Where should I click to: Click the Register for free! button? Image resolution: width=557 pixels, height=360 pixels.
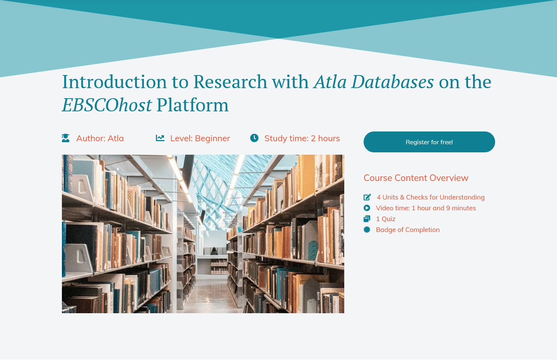pyautogui.click(x=429, y=142)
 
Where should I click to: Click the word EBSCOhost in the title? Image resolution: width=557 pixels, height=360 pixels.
pyautogui.click(x=107, y=105)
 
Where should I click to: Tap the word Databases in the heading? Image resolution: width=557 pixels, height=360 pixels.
pyautogui.click(x=392, y=82)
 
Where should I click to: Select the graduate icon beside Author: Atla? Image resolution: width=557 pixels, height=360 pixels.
pyautogui.click(x=66, y=138)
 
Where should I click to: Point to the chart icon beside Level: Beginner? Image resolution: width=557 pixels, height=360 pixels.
pyautogui.click(x=160, y=138)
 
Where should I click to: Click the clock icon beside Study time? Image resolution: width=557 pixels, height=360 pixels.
pyautogui.click(x=254, y=138)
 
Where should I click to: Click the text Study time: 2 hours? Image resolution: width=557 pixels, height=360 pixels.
pyautogui.click(x=302, y=138)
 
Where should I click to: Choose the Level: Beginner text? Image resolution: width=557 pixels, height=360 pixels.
pyautogui.click(x=200, y=138)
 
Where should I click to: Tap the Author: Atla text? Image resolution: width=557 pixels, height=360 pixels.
pyautogui.click(x=100, y=138)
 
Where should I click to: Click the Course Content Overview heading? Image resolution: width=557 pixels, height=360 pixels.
pyautogui.click(x=416, y=178)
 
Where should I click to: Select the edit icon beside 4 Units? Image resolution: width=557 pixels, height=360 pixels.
pyautogui.click(x=367, y=197)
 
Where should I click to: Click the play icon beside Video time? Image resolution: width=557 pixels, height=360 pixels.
pyautogui.click(x=367, y=208)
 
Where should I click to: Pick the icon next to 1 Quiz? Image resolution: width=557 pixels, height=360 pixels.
pyautogui.click(x=367, y=219)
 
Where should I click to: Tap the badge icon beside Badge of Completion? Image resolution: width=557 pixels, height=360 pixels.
pyautogui.click(x=367, y=230)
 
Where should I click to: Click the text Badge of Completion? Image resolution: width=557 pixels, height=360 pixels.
pyautogui.click(x=408, y=230)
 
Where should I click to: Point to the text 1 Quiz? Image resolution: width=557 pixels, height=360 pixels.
pyautogui.click(x=386, y=219)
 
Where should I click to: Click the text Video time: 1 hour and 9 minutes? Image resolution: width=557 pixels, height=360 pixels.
pyautogui.click(x=426, y=208)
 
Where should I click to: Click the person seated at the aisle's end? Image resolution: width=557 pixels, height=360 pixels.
pyautogui.click(x=214, y=252)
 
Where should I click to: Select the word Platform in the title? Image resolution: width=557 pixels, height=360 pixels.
pyautogui.click(x=192, y=105)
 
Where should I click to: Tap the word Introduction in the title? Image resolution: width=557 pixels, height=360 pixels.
pyautogui.click(x=114, y=82)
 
